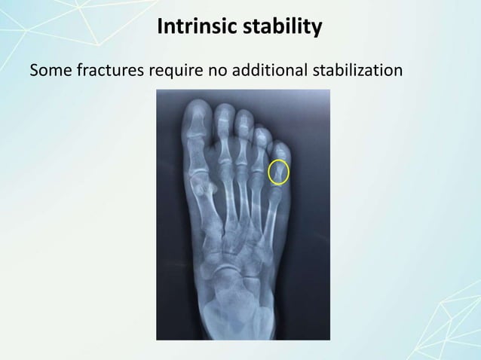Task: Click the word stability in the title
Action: [286, 28]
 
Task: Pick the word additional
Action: [267, 72]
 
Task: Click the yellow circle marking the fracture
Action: [279, 172]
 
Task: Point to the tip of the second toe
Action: [223, 111]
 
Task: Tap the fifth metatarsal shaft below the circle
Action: [269, 218]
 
